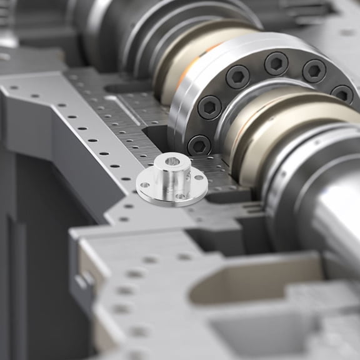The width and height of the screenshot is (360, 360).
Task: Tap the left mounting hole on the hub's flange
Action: tap(145, 184)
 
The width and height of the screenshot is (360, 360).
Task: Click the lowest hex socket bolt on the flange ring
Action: tap(199, 145)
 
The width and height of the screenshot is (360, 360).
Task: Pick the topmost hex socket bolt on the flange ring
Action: tap(276, 63)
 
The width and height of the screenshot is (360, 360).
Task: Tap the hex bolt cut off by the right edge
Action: tap(343, 94)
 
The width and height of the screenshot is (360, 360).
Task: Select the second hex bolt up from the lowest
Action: tap(210, 107)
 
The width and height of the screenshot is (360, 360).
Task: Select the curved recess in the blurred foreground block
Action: tap(250, 281)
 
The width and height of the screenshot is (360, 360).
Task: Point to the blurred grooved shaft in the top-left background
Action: tap(119, 25)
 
